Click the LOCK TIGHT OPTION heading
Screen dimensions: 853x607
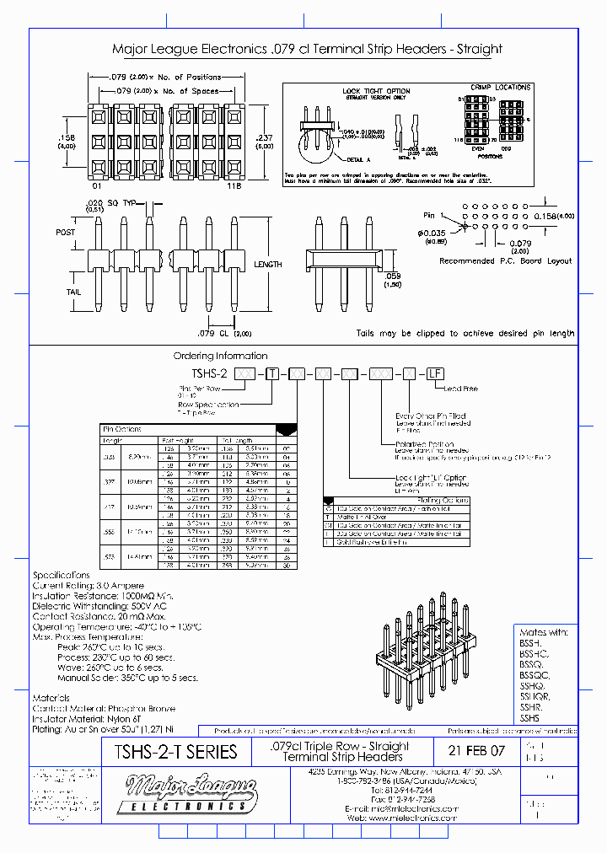(x=376, y=91)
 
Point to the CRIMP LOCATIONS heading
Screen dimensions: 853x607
(x=500, y=87)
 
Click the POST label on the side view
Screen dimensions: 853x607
(x=66, y=233)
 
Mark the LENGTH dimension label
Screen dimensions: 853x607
(x=267, y=265)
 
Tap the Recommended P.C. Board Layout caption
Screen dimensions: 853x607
(x=505, y=261)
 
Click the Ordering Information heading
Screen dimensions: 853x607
(x=220, y=357)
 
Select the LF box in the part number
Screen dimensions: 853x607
(x=434, y=373)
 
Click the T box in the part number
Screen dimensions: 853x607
(x=272, y=373)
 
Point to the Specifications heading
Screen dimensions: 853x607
(x=61, y=574)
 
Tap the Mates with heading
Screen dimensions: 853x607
(x=545, y=631)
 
